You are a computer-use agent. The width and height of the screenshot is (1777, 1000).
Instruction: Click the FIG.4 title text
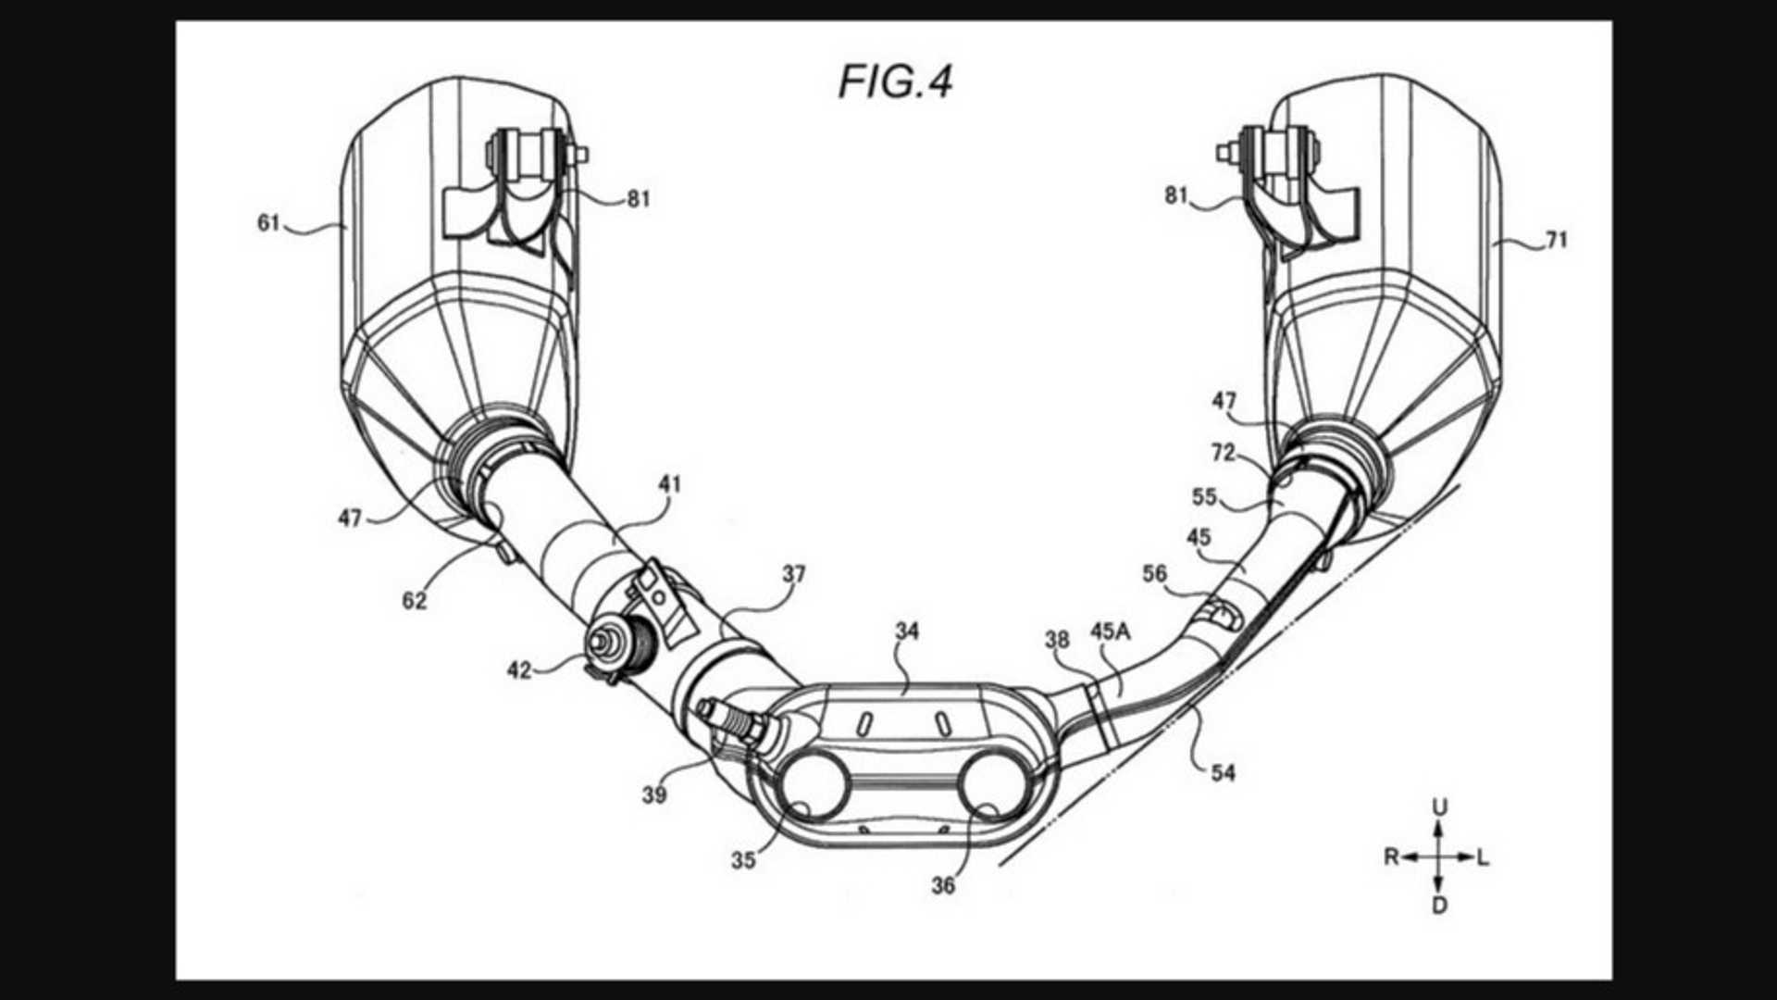pos(895,81)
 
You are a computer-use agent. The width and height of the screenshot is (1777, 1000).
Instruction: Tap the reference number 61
pos(268,223)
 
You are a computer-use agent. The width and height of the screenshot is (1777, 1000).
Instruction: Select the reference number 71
pos(1557,240)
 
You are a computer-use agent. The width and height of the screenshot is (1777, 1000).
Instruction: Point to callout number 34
pos(907,631)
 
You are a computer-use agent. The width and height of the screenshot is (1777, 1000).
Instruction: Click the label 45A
pos(1110,631)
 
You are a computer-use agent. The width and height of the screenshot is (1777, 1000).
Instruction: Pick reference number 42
pos(519,669)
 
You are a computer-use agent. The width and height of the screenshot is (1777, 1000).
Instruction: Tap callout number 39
pos(654,794)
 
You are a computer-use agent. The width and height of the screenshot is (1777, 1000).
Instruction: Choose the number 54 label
pos(1223,772)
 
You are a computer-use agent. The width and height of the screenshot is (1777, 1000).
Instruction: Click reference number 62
pos(415,601)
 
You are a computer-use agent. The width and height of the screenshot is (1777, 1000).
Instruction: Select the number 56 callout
pos(1154,574)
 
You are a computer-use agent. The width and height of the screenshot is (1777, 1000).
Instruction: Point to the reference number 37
pos(794,574)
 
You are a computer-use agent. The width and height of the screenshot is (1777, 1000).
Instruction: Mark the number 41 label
pos(669,484)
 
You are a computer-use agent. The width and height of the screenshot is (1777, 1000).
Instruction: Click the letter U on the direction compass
pos(1439,807)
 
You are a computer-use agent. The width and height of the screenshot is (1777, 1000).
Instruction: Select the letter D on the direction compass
pos(1439,906)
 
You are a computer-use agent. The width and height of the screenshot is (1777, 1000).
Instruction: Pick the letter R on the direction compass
pos(1391,857)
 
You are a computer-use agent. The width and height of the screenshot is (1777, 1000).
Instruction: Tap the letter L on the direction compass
pos(1484,858)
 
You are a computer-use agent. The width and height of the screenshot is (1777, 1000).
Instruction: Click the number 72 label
pos(1223,453)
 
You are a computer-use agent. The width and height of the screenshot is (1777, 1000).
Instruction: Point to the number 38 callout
pos(1057,640)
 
